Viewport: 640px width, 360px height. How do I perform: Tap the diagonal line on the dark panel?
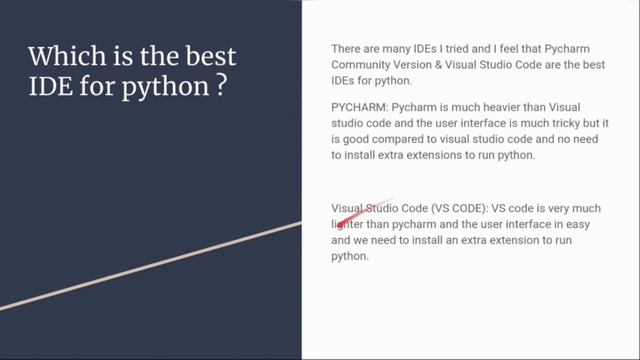pos(150,262)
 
